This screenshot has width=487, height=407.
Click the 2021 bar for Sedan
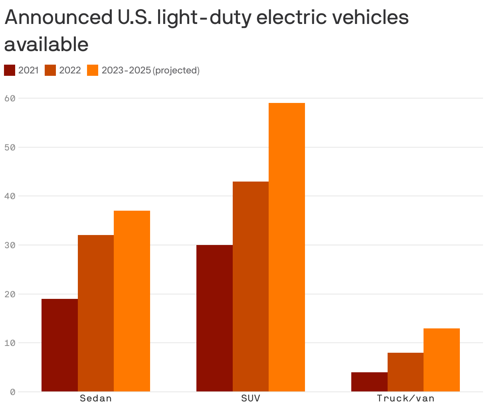59,345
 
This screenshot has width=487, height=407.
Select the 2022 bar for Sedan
96,313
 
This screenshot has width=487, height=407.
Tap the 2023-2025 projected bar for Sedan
132,301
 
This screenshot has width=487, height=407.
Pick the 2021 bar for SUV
214,318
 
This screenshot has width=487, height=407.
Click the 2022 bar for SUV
251,286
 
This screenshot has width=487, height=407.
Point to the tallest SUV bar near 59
287,247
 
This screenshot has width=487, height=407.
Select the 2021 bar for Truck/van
369,382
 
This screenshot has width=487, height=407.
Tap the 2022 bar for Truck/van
406,372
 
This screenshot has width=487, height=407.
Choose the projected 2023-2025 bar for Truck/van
441,360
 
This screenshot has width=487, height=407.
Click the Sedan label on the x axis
96,398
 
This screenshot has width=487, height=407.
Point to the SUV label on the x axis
251,398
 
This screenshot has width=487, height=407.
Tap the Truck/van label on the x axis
406,398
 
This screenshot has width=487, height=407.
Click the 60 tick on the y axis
10,98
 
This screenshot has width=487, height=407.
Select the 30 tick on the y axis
10,245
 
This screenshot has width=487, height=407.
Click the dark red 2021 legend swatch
10,70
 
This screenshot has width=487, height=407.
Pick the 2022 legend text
70,70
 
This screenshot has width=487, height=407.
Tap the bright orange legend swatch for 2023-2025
93,70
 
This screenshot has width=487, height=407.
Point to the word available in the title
46,44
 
